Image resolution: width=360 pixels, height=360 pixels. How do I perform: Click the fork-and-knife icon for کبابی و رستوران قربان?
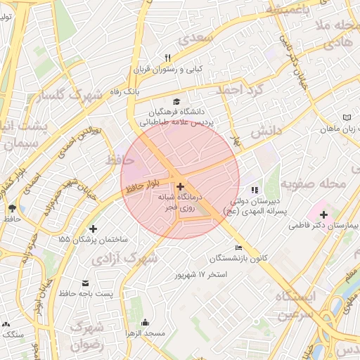[167, 58]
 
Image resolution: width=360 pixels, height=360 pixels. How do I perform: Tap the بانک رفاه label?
[125, 92]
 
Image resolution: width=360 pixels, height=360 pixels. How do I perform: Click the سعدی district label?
[195, 38]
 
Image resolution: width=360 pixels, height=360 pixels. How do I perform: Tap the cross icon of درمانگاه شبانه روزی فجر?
[181, 186]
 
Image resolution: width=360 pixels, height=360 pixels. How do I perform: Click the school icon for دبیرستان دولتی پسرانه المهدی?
[255, 190]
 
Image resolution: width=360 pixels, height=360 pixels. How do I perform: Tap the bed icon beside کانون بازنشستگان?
[238, 247]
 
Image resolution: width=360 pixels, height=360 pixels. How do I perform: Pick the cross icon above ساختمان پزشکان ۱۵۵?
[93, 229]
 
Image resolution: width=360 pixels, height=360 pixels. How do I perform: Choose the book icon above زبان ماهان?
[346, 117]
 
